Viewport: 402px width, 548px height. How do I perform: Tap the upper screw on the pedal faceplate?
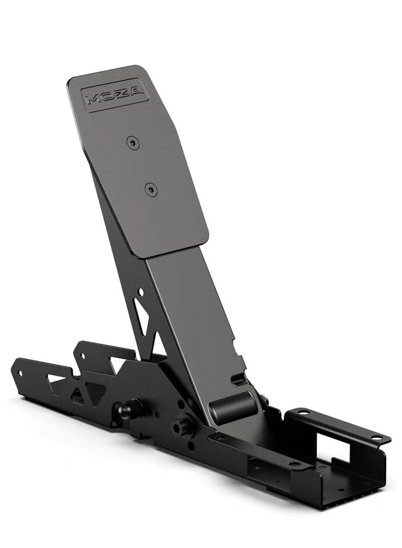pyautogui.click(x=133, y=143)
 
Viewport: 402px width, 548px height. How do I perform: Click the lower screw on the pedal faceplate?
pyautogui.click(x=151, y=189)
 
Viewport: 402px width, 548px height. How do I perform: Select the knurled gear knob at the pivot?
pyautogui.click(x=180, y=427)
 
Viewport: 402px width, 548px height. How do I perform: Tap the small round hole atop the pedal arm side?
pyautogui.click(x=141, y=291)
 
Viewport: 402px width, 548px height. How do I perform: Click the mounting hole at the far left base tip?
pyautogui.click(x=20, y=373)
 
